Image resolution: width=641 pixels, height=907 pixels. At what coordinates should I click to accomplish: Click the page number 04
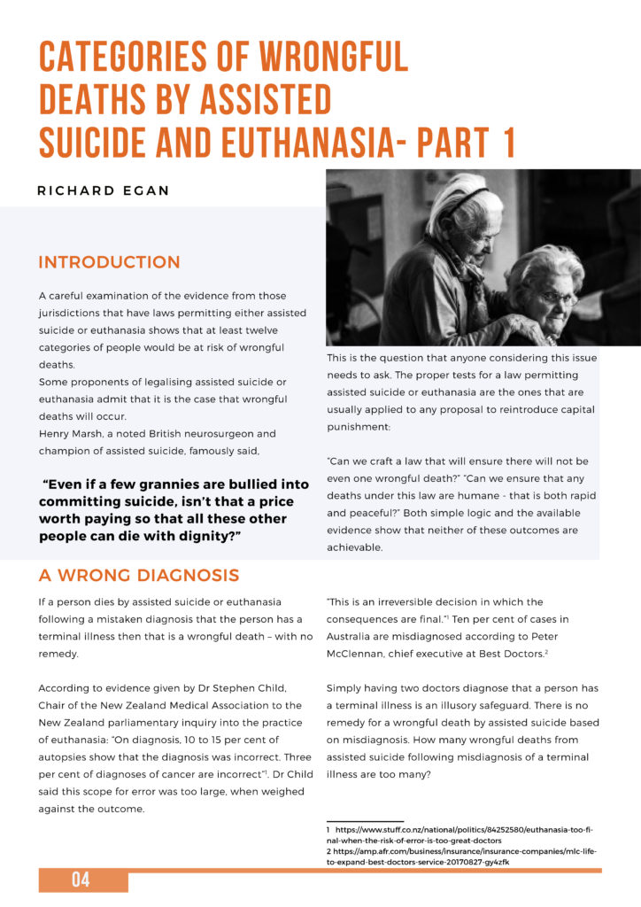(81, 880)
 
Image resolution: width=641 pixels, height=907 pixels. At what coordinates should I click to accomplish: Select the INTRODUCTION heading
(109, 263)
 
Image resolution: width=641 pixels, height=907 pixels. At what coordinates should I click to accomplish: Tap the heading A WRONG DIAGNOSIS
(138, 576)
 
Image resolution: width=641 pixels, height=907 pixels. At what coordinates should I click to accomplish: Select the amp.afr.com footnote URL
(461, 850)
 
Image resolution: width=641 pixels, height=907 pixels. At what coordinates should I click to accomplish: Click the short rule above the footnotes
(365, 820)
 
